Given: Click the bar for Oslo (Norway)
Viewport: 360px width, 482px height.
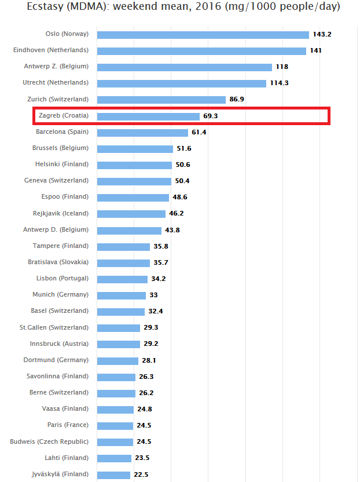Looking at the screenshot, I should point(203,35).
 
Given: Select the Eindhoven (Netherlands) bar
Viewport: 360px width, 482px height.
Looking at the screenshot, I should point(201,51).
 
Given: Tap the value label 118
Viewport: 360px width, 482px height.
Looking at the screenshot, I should point(282,67).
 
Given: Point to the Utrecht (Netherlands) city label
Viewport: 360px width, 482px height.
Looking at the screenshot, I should point(56,83).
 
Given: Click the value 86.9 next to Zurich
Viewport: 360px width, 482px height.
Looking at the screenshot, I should point(237,100).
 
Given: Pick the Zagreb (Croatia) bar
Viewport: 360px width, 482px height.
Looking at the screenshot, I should point(148,116).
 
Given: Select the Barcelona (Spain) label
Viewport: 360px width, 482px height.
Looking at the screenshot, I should point(62,132).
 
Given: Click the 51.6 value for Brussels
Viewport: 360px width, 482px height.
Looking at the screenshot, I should point(184,149).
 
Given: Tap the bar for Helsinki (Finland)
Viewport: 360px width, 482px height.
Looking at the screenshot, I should point(134,165).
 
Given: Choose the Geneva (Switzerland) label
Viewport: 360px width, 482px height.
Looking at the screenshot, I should point(56,181).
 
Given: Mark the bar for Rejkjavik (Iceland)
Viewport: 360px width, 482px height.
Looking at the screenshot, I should point(131,214).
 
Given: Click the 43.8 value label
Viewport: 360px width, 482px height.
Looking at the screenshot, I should point(172,231).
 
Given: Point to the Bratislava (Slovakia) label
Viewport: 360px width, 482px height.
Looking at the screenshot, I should point(58,262).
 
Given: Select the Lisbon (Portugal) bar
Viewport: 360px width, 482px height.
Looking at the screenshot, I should point(122,279).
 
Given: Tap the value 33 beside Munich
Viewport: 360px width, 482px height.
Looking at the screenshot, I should point(154,295).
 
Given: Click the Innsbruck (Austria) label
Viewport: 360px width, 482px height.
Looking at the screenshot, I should point(59,344).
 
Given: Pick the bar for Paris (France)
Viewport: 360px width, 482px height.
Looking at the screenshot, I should point(115,426).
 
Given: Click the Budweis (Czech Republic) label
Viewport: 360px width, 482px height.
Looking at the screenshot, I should point(50,441).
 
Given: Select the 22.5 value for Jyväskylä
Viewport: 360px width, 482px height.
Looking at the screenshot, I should point(141,475).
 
